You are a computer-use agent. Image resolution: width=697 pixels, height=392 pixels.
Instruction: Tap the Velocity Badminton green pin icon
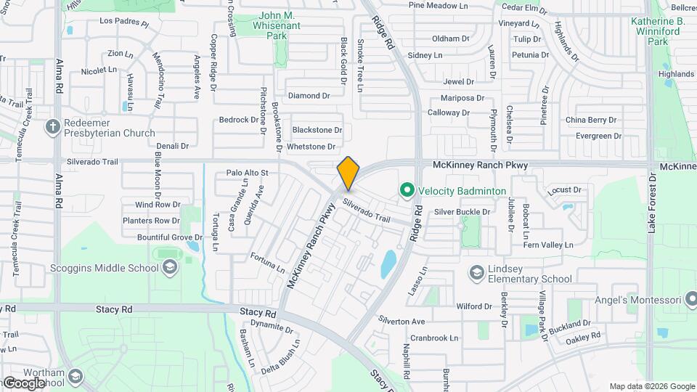point(407,190)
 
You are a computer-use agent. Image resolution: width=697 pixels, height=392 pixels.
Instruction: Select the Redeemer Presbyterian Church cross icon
point(52,128)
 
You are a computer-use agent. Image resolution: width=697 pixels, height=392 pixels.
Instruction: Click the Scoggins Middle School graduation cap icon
point(169,268)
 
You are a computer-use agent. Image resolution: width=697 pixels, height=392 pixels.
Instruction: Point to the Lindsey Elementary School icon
point(477,273)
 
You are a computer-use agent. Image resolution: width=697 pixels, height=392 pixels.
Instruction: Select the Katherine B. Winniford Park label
point(661,32)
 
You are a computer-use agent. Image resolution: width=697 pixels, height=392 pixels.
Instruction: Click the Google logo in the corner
point(24,383)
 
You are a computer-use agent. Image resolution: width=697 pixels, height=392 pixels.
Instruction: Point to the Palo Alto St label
point(247,173)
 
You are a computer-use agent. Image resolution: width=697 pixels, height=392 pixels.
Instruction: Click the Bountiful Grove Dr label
point(170,237)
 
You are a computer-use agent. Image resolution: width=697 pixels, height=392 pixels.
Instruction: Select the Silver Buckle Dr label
point(462,212)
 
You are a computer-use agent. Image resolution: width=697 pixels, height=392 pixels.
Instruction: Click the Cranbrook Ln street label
point(433,338)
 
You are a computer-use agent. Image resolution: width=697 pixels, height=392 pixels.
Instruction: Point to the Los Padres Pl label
point(123,23)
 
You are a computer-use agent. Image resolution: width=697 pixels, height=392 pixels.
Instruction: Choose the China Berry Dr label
point(591,120)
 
